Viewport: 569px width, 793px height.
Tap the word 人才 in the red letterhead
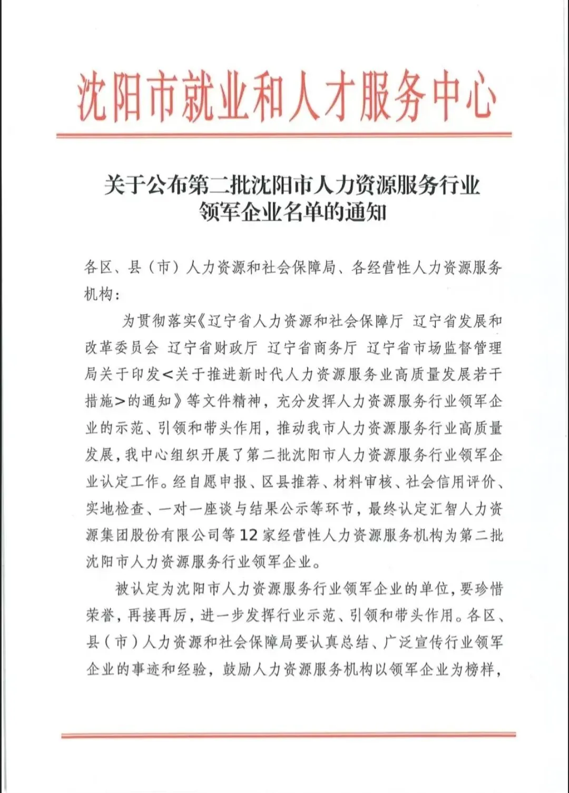pos(323,98)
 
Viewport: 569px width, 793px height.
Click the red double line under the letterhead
pos(284,135)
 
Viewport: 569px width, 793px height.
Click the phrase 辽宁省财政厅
pos(213,348)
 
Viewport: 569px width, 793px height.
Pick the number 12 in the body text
pos(249,536)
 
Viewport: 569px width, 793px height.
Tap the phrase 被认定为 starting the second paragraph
pos(145,589)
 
